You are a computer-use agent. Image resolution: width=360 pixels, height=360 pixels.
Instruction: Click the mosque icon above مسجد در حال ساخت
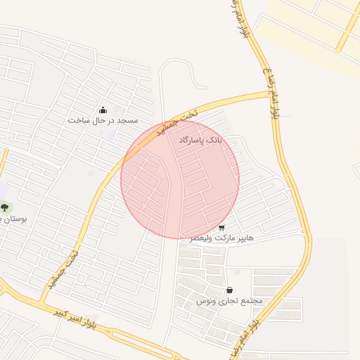point(103,110)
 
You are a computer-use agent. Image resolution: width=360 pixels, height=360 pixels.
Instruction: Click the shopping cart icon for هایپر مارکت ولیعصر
point(222,228)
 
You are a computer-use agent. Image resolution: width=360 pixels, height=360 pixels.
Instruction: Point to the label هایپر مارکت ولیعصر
point(221,238)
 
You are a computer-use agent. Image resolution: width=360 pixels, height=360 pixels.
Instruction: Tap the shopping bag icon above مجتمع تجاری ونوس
point(230,290)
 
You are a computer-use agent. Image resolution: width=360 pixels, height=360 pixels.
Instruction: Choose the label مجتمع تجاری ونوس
point(229,301)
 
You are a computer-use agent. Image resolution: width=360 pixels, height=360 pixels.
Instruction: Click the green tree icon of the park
point(6,208)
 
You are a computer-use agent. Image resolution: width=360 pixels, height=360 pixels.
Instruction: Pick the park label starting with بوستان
point(14,219)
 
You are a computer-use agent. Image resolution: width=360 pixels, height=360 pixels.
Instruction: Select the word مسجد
point(127,120)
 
